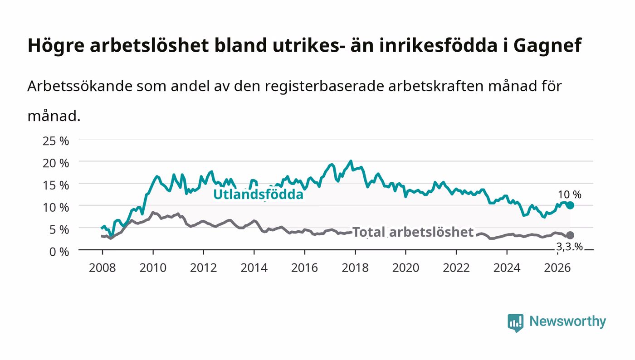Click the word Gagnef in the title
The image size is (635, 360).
click(547, 46)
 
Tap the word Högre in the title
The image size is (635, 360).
click(56, 46)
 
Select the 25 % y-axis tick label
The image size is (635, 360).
click(56, 141)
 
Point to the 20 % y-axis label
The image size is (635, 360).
click(56, 163)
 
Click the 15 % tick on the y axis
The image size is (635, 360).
click(56, 185)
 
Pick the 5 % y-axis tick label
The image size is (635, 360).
click(59, 229)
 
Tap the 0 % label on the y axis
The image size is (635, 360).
click(59, 252)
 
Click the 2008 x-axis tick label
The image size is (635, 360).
click(103, 268)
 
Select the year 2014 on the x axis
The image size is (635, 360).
click(254, 268)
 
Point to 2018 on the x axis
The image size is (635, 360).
click(355, 268)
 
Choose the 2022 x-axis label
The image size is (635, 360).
click(456, 268)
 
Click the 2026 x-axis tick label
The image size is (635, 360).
click(557, 268)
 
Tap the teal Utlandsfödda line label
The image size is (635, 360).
click(258, 195)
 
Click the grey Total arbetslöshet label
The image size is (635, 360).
click(413, 232)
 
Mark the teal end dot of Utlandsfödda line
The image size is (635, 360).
click(570, 205)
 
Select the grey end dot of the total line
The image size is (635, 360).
click(570, 235)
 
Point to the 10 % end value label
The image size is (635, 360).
click(570, 195)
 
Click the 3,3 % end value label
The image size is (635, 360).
click(570, 247)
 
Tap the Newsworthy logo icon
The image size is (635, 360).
click(515, 322)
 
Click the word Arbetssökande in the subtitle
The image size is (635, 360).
click(80, 86)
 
